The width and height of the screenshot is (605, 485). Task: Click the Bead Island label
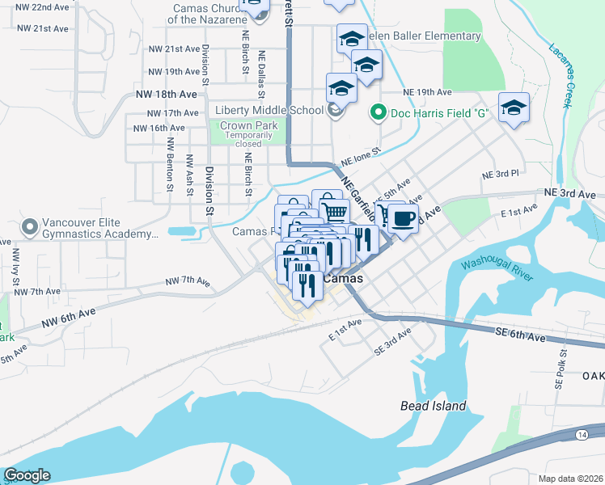tap(433, 406)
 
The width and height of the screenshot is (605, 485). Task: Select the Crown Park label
tap(249, 126)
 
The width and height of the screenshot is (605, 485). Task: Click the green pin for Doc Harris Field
tap(376, 114)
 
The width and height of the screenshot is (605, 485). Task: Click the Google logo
tap(26, 475)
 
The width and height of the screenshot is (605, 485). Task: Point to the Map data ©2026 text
tap(570, 479)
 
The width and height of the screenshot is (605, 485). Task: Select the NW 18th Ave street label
tap(167, 94)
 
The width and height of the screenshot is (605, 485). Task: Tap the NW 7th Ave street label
tap(187, 281)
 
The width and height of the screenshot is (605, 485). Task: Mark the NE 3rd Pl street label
tap(499, 174)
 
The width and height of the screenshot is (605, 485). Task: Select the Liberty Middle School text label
tap(269, 111)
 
